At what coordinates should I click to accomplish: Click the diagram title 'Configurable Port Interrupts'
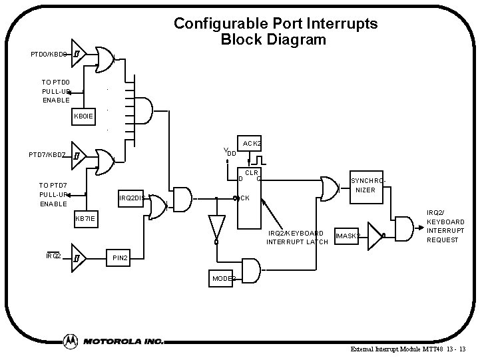click(x=275, y=23)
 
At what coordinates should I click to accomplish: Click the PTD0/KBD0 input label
click(x=49, y=54)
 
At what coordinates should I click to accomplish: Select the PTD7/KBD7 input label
click(x=47, y=155)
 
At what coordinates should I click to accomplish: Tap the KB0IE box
click(x=85, y=116)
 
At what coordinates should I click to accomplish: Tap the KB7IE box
click(x=85, y=219)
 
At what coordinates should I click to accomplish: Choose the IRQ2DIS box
click(x=132, y=198)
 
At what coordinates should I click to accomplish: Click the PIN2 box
click(x=119, y=257)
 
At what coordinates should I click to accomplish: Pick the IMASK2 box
click(x=348, y=236)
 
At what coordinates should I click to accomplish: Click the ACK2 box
click(x=252, y=143)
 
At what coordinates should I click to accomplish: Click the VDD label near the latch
click(x=230, y=152)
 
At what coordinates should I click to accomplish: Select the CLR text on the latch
click(x=251, y=173)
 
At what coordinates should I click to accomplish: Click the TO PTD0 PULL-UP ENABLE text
click(x=56, y=91)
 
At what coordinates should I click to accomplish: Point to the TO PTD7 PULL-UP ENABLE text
click(x=54, y=194)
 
